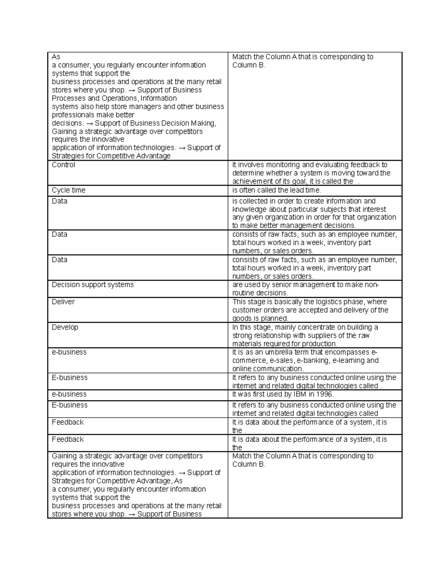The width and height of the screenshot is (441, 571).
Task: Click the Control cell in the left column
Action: coord(64,165)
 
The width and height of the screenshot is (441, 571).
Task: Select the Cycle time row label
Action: coord(68,190)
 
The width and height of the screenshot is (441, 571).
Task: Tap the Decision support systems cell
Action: coord(93,285)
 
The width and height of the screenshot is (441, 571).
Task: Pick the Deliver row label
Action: coord(63,302)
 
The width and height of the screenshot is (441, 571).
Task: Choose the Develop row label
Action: coord(65,327)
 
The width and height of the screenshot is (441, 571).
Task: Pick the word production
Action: coord(319,344)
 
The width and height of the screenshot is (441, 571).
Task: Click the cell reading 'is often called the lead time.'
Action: coord(276,190)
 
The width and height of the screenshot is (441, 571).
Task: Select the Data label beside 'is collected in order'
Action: coord(60,201)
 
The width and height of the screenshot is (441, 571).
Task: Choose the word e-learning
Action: coord(349,361)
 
